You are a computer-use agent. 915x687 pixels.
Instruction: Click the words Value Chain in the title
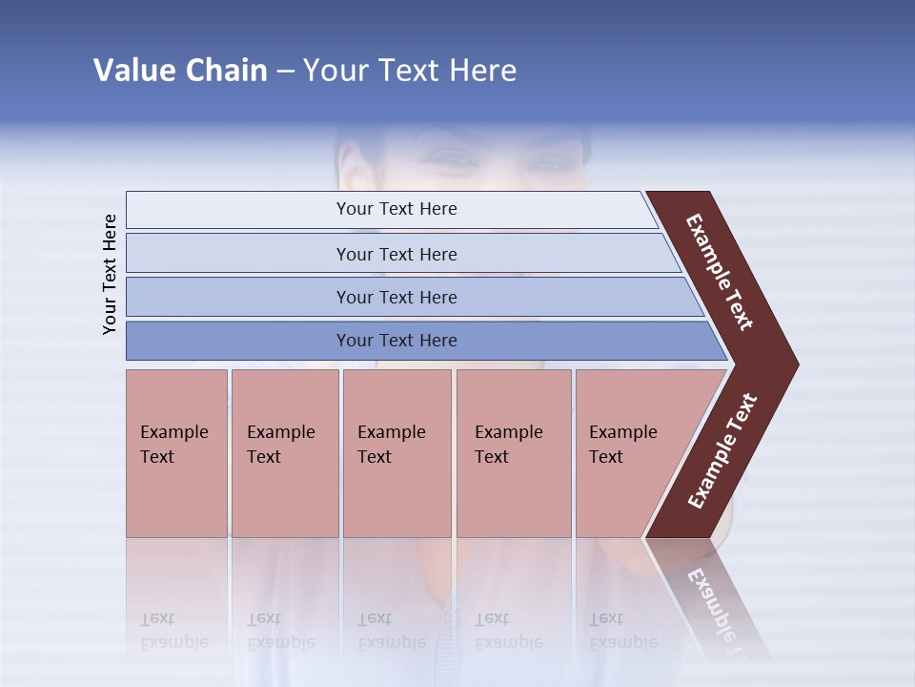[x=180, y=71]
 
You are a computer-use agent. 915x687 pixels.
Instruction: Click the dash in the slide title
[x=285, y=72]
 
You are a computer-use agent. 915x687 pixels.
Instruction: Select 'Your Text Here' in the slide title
[x=410, y=71]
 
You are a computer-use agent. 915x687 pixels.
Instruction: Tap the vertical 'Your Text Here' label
[x=110, y=274]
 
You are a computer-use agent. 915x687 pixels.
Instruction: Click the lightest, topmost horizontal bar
[x=396, y=209]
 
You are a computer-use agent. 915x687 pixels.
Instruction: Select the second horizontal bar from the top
[x=396, y=254]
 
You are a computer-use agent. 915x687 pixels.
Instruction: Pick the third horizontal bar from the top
[x=396, y=297]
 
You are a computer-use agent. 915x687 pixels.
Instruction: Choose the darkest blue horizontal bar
[x=396, y=341]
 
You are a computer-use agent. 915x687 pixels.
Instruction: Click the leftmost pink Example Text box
[x=176, y=452]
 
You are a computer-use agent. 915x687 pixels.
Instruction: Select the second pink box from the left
[x=284, y=452]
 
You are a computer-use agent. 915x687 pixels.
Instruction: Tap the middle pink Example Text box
[x=396, y=452]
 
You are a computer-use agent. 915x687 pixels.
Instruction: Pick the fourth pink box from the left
[x=513, y=452]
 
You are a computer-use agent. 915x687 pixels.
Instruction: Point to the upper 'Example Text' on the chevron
[x=721, y=272]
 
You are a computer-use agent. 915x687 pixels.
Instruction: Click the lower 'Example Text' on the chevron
[x=722, y=450]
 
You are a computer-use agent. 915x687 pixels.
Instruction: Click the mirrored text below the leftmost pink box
[x=173, y=631]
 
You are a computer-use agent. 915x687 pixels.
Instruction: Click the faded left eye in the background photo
[x=456, y=160]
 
